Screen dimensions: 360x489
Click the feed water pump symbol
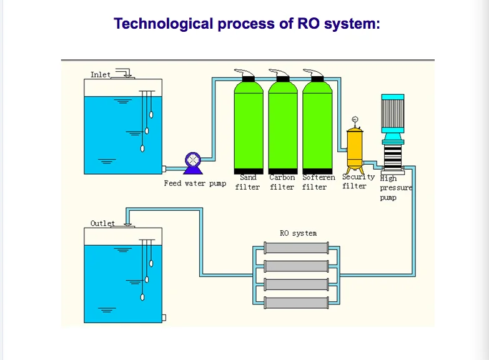[194, 163]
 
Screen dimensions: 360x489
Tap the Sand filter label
[248, 182]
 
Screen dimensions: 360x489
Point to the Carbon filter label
[282, 182]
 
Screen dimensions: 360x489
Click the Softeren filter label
[318, 182]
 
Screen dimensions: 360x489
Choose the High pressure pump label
[395, 188]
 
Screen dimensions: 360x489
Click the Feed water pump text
[195, 183]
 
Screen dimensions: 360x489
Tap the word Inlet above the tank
[100, 75]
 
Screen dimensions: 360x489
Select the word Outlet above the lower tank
[102, 223]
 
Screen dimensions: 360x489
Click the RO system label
[298, 233]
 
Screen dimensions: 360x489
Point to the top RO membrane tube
[297, 247]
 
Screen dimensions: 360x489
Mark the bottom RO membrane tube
[297, 303]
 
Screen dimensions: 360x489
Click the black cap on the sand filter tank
[248, 79]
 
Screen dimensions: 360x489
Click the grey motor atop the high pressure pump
[393, 113]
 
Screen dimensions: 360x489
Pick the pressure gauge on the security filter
[354, 119]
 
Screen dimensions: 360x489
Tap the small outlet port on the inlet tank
[164, 168]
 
